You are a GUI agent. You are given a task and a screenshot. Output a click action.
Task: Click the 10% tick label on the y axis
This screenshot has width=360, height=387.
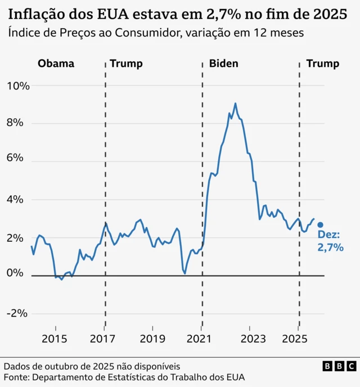[x=18, y=86]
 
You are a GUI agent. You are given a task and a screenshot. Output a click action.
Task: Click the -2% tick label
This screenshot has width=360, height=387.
[x=19, y=313]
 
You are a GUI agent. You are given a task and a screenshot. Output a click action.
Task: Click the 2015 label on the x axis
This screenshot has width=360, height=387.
[x=55, y=339]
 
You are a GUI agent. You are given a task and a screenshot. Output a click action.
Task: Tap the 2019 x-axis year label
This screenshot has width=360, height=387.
[x=152, y=339]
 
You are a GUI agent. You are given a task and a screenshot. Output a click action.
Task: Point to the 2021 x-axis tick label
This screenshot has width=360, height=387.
[x=201, y=339]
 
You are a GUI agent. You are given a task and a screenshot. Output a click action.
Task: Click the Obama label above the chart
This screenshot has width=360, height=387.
[x=56, y=64]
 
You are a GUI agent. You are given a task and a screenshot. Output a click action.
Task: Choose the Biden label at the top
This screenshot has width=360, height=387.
[x=223, y=64]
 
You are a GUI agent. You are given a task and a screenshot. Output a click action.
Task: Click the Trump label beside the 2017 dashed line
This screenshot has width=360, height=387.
[x=126, y=64]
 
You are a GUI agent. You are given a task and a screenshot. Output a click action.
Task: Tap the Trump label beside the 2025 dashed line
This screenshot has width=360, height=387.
[x=323, y=64]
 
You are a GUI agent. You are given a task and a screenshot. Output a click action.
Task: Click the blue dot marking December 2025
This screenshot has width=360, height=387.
[x=320, y=224]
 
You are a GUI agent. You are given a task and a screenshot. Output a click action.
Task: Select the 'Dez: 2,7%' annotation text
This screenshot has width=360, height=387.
[x=330, y=241]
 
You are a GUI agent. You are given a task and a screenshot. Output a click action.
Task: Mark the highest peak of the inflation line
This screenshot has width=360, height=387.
[x=235, y=103]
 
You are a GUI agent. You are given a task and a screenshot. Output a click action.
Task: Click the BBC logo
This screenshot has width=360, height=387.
[x=339, y=366]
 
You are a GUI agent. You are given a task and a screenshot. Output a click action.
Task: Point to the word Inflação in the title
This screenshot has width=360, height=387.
[x=34, y=13]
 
